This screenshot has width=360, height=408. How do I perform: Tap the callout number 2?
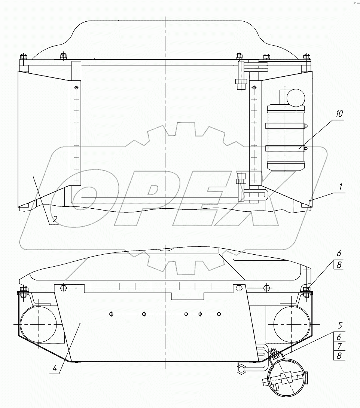[55, 219]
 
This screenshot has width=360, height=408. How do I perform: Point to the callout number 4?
[55, 368]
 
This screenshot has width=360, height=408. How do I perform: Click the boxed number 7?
[339, 346]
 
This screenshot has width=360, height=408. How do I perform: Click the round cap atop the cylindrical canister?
[296, 97]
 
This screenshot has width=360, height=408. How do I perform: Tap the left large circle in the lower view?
[39, 323]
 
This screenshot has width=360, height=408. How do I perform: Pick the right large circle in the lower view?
[292, 323]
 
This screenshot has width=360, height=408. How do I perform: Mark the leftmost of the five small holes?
[111, 314]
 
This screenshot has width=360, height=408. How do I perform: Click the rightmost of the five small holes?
[220, 314]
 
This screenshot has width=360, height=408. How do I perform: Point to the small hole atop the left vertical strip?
[76, 88]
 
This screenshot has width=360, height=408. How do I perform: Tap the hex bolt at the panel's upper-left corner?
[62, 288]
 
